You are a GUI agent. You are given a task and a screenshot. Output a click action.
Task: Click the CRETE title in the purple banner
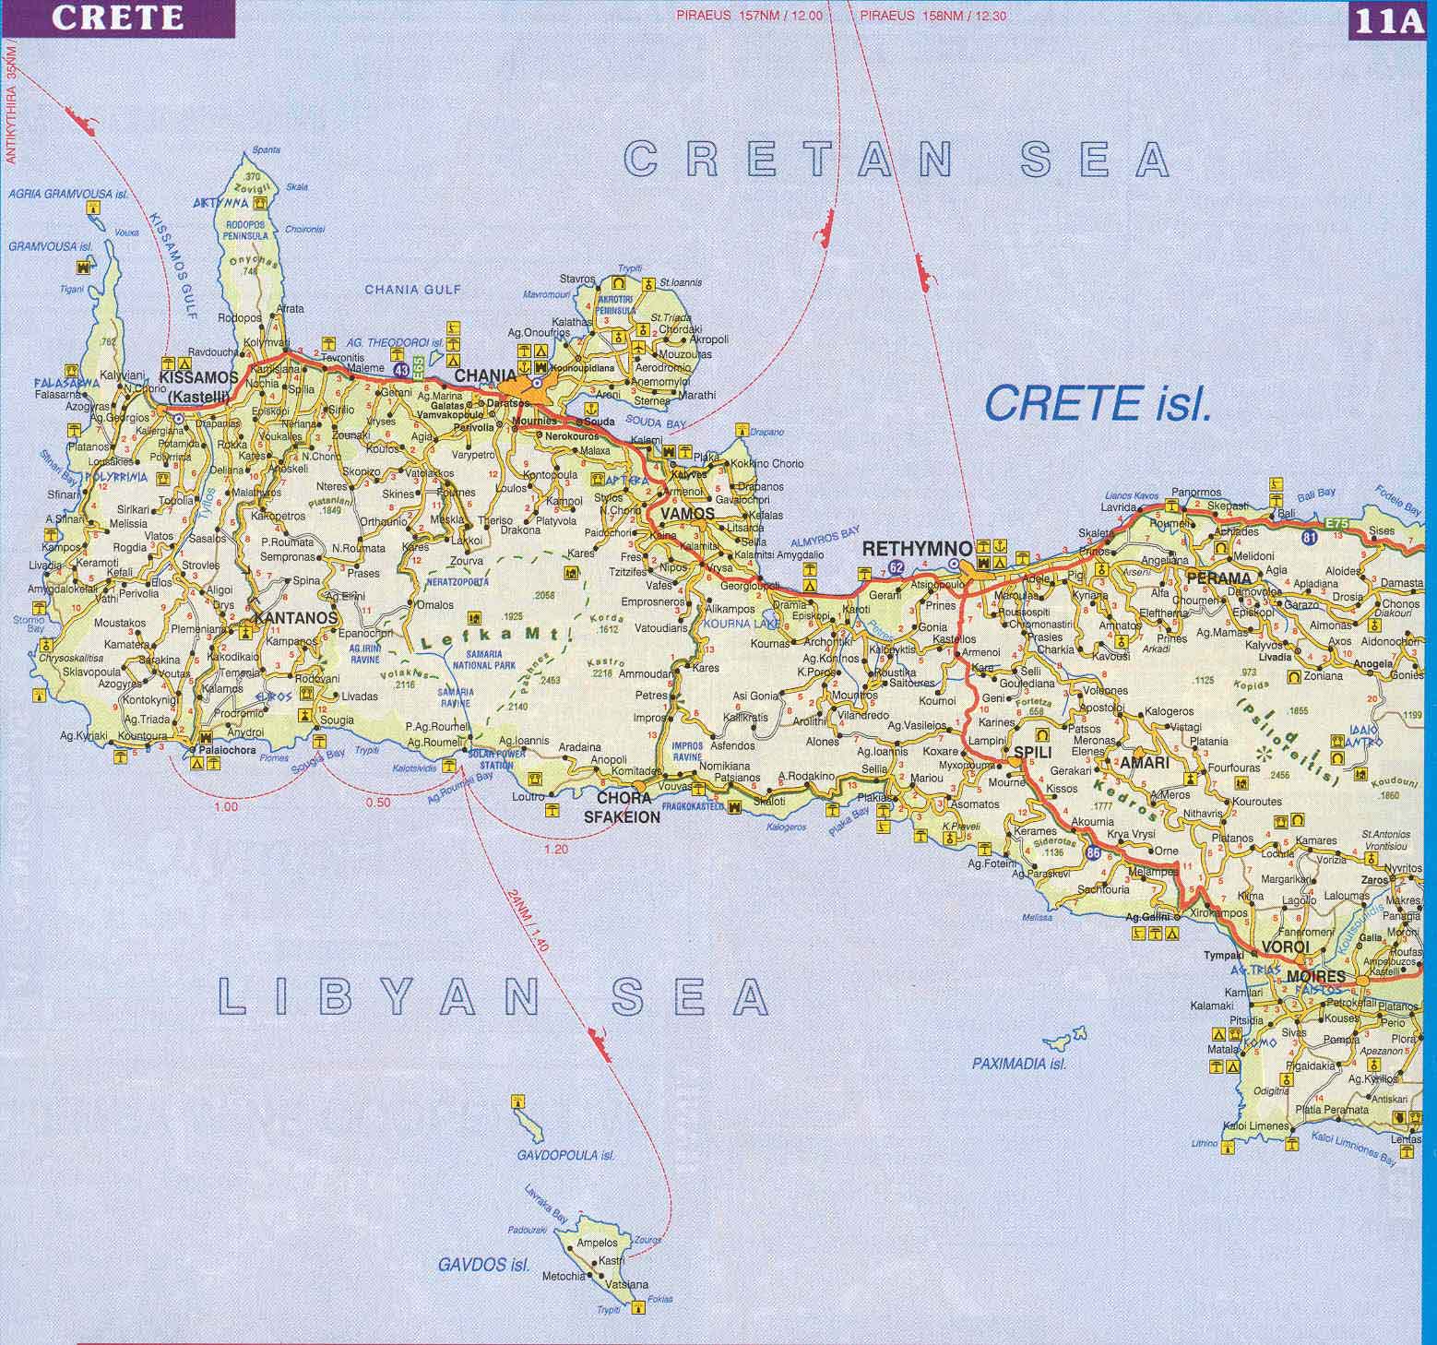point(116,18)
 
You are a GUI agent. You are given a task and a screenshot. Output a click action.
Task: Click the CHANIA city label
point(485,375)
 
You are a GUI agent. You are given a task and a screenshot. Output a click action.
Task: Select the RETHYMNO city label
point(916,549)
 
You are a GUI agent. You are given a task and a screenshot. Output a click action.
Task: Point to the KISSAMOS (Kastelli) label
point(198,386)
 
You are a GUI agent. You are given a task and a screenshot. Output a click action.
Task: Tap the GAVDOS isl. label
point(483,1264)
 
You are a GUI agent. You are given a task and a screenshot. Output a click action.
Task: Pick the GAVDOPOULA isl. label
point(565,1155)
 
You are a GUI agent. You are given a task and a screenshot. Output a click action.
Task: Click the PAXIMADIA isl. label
point(1019,1064)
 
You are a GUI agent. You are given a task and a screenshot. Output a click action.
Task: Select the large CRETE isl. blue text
point(1097,403)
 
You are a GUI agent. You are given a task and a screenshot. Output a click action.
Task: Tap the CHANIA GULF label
point(412,290)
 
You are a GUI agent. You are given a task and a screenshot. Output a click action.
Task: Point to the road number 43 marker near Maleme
point(401,369)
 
